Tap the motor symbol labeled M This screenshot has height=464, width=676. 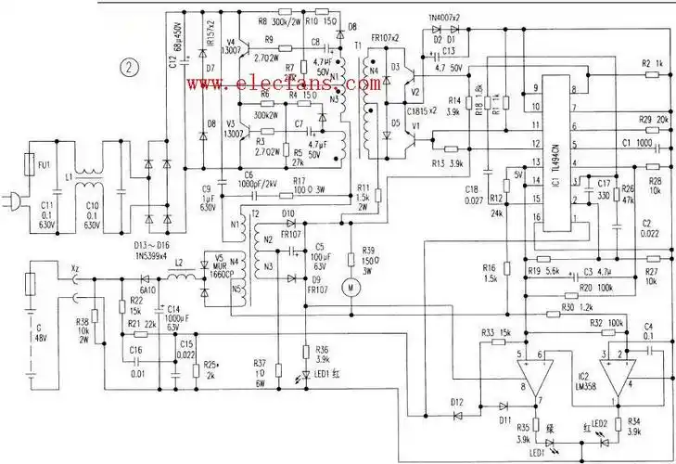[x=351, y=287]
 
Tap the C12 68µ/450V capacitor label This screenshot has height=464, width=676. [x=172, y=51]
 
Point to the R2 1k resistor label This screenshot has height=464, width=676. [x=650, y=63]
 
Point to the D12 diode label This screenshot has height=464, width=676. [x=455, y=401]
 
